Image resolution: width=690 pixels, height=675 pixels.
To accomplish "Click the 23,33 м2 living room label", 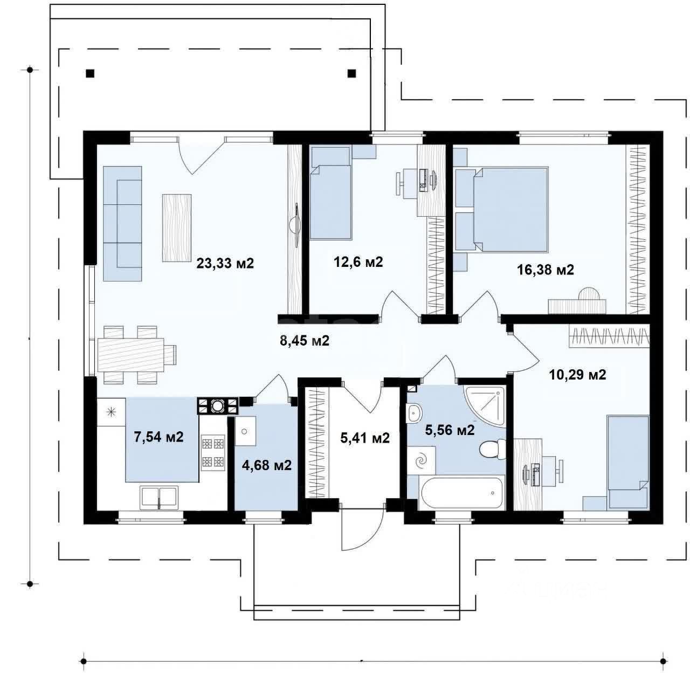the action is click(x=225, y=263).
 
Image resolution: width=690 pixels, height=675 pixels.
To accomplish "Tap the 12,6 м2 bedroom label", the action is click(x=358, y=262).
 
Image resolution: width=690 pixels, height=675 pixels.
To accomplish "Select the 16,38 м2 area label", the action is click(x=545, y=270).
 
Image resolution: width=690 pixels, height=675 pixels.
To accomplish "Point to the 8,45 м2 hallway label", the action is click(x=305, y=341).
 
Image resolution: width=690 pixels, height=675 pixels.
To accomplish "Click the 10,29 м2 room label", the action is click(x=577, y=375).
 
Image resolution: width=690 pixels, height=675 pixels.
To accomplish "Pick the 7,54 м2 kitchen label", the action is click(x=158, y=437).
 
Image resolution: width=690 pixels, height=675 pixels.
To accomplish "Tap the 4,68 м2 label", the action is click(x=267, y=465).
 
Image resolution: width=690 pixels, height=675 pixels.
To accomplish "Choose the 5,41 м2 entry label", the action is click(x=365, y=438).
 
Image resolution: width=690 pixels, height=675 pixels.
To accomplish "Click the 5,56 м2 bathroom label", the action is click(x=450, y=430).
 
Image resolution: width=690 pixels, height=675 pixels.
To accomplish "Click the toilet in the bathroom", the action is click(x=493, y=449).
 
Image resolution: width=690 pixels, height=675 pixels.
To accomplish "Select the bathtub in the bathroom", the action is click(x=461, y=493).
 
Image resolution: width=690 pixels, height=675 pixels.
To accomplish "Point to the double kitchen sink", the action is click(x=159, y=497).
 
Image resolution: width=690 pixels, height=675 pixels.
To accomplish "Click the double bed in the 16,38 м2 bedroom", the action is click(x=510, y=210).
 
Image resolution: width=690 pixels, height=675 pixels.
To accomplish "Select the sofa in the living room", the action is click(x=122, y=223).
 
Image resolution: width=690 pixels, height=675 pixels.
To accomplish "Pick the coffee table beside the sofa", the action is click(x=177, y=228).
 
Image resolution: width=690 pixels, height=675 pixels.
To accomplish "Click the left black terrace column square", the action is click(x=90, y=73).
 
